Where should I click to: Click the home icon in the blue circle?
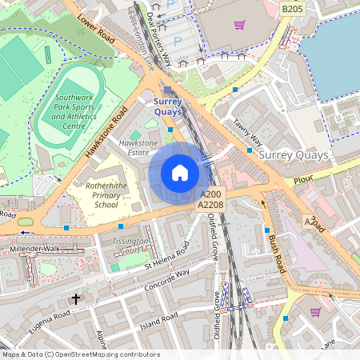coord(179,173)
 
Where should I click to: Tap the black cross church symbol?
coord(77,298)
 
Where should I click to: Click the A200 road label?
coord(211,194)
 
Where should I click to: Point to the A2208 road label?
coord(211,206)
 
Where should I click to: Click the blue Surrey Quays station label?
coord(168,106)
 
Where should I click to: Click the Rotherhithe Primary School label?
coord(106,194)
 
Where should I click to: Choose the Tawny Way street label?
coord(248,132)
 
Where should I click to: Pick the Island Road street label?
coord(158,321)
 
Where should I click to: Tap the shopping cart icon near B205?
coord(238,24)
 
